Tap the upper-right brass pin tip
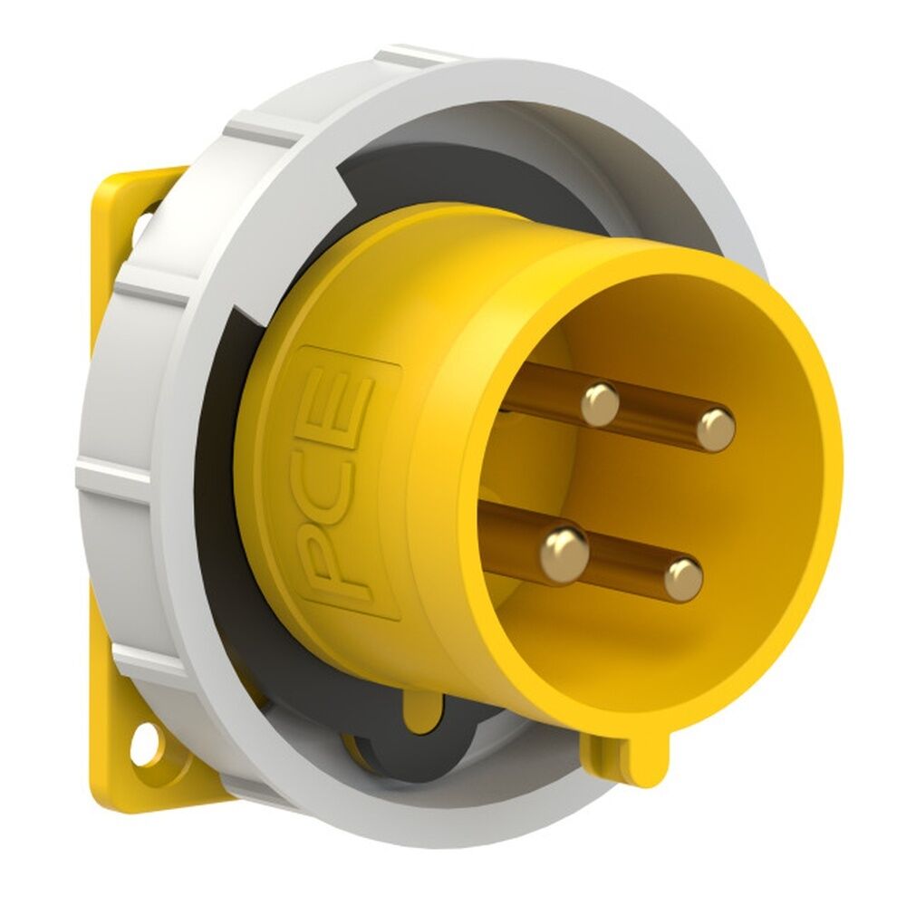[x=716, y=429]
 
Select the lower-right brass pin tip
[x=683, y=579]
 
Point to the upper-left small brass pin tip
[x=600, y=404]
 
